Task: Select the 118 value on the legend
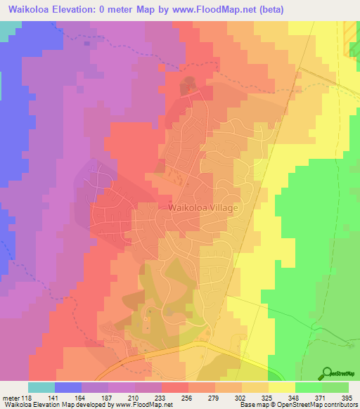[x=28, y=397]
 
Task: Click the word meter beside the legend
[x=10, y=397]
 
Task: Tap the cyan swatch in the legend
[x=41, y=387]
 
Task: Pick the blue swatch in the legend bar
[x=68, y=387]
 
